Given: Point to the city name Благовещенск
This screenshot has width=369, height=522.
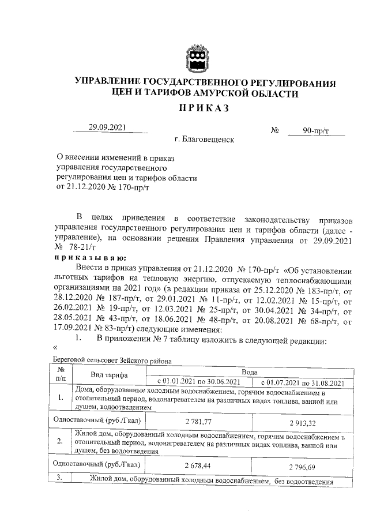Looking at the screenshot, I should (x=205, y=140).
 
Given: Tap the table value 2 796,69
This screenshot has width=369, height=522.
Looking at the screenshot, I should (x=303, y=465).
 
